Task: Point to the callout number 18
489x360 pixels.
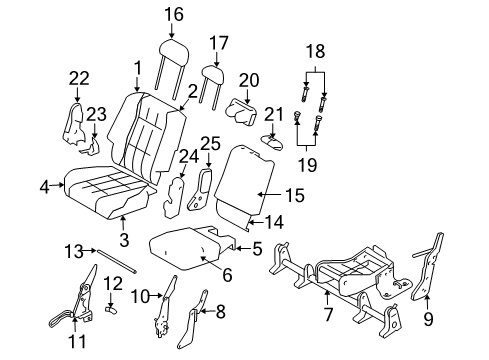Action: click(314, 49)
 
